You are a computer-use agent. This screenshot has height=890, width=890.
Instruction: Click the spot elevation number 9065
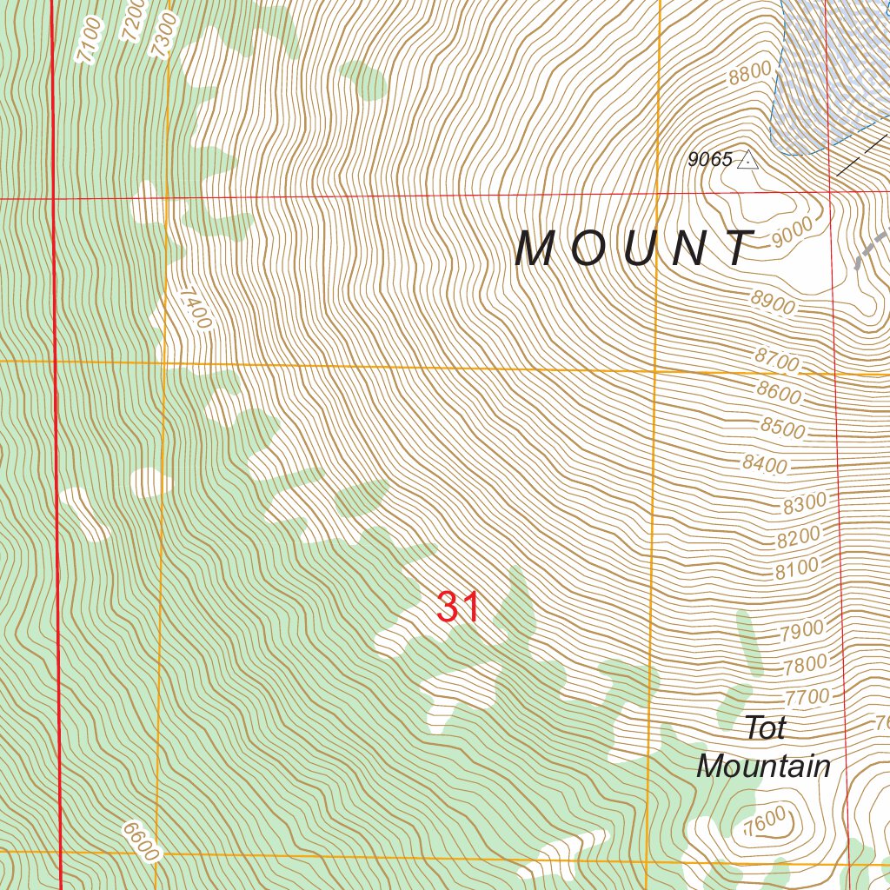pyautogui.click(x=709, y=160)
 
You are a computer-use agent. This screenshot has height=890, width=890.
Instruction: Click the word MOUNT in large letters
pyautogui.click(x=634, y=249)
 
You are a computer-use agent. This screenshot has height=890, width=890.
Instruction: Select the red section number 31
pyautogui.click(x=458, y=608)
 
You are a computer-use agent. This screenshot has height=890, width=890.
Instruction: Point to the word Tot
pyautogui.click(x=765, y=728)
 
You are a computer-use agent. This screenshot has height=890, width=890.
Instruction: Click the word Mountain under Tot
pyautogui.click(x=763, y=767)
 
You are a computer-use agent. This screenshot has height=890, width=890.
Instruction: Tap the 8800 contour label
pyautogui.click(x=750, y=74)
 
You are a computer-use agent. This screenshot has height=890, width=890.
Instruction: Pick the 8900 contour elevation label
pyautogui.click(x=773, y=303)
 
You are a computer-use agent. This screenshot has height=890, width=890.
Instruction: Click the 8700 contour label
pyautogui.click(x=776, y=359)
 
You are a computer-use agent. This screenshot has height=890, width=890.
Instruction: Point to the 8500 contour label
pyautogui.click(x=782, y=428)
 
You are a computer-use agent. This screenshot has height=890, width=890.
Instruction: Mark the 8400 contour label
pyautogui.click(x=764, y=463)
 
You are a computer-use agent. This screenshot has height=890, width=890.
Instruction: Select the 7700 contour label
pyautogui.click(x=807, y=696)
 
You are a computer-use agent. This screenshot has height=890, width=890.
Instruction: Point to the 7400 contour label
pyautogui.click(x=196, y=309)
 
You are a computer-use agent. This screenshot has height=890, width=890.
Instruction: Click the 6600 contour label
pyautogui.click(x=141, y=841)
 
